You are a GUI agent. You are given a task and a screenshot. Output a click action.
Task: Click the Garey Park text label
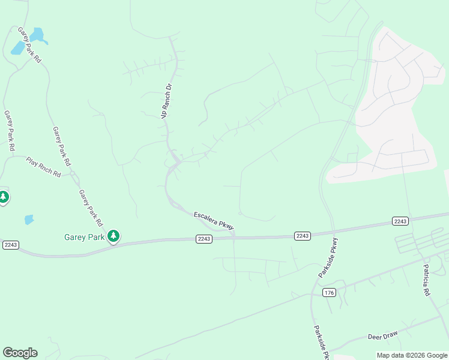click(x=84, y=237)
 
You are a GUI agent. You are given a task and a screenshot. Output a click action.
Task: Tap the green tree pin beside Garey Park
click(x=113, y=236)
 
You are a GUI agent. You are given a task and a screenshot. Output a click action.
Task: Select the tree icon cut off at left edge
click(x=3, y=197)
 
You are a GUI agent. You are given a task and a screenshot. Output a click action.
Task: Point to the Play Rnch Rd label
click(x=43, y=167)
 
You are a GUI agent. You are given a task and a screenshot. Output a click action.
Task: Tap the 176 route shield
click(x=328, y=292)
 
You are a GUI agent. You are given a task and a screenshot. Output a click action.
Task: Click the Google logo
click(x=20, y=353)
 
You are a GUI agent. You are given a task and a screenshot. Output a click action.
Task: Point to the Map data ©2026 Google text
click(x=412, y=355)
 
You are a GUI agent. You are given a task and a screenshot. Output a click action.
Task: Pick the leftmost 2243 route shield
click(x=11, y=245)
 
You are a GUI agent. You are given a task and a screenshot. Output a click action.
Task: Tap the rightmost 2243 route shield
click(x=400, y=221)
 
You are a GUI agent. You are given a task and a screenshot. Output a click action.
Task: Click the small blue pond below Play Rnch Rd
click(x=29, y=220)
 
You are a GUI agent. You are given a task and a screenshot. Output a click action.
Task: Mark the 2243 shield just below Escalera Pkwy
click(x=204, y=239)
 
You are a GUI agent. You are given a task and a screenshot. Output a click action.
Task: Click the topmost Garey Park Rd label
click(x=29, y=45)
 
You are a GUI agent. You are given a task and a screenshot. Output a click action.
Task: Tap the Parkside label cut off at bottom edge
click(x=321, y=343)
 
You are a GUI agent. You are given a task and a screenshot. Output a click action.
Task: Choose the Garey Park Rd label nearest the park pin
click(x=89, y=205)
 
